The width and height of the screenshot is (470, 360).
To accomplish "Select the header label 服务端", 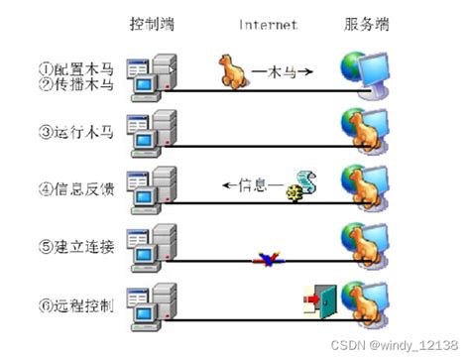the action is click(366, 22).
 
